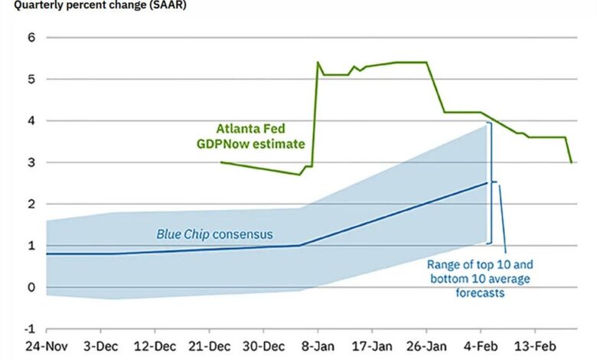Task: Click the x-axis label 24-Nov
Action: (46, 346)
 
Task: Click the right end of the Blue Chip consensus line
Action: (487, 183)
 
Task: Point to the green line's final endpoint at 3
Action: (571, 162)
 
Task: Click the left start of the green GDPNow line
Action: (221, 162)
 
